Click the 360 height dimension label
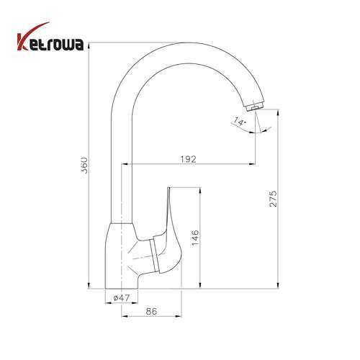(x=84, y=166)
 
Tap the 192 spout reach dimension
(x=188, y=159)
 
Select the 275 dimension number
(x=273, y=199)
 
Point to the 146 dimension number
(x=195, y=238)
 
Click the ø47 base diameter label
(x=122, y=298)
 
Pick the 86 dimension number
(x=151, y=311)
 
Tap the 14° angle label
(x=240, y=122)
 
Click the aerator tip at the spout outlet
(x=256, y=107)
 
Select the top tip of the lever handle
(x=168, y=188)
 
